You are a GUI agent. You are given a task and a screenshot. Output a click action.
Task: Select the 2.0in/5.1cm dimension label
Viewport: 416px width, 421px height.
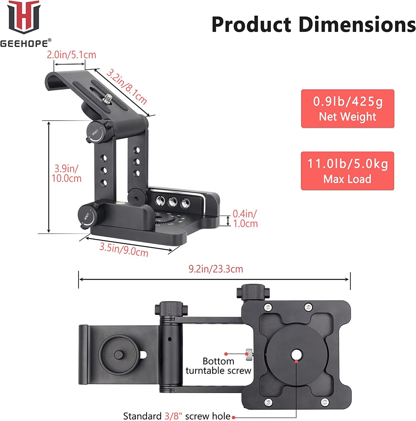(71, 55)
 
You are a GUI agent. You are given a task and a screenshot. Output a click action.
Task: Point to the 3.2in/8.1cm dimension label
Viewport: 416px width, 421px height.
(127, 87)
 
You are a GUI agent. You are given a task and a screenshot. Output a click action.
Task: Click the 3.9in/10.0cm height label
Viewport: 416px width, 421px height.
(67, 174)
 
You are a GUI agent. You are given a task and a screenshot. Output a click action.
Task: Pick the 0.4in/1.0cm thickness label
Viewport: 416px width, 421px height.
(245, 218)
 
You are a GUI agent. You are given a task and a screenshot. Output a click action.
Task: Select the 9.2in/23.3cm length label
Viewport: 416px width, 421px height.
(216, 269)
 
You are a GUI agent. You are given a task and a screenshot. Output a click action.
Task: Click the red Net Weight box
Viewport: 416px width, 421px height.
(347, 108)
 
